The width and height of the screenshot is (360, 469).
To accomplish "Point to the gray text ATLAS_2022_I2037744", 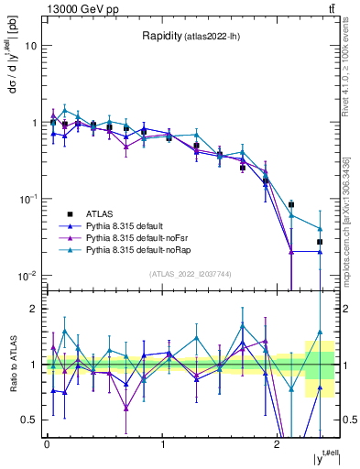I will [x=191, y=274].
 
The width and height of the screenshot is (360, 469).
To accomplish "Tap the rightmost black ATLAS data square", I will [x=320, y=242].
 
